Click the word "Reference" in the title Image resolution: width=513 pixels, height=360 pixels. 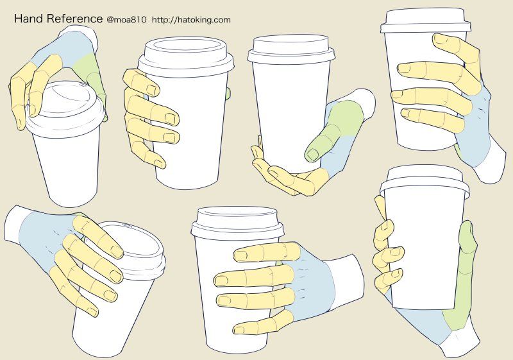point(74,19)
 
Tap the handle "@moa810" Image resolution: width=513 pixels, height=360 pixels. point(126,20)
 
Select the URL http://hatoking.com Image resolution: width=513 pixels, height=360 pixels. point(191,20)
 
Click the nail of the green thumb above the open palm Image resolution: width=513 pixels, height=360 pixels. point(313,154)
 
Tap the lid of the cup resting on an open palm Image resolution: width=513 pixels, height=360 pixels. point(291,49)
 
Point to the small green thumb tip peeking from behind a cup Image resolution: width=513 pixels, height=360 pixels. point(228,94)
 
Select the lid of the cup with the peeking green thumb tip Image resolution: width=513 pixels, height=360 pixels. point(185,56)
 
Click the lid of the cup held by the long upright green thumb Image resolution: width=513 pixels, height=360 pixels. point(425,181)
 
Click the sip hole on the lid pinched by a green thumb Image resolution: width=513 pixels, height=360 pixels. point(83,85)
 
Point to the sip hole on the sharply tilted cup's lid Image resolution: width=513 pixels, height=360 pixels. point(126,225)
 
